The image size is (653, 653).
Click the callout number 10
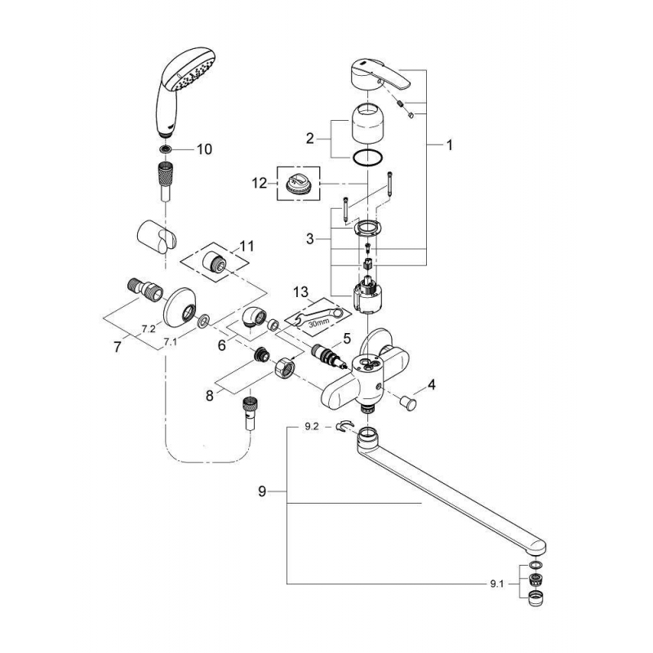click(203, 149)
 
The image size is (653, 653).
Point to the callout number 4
click(432, 384)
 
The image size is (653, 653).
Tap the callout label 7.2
click(148, 328)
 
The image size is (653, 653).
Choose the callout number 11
click(247, 245)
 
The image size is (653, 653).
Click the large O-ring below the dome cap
click(371, 158)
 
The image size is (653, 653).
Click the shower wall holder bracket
click(160, 239)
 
